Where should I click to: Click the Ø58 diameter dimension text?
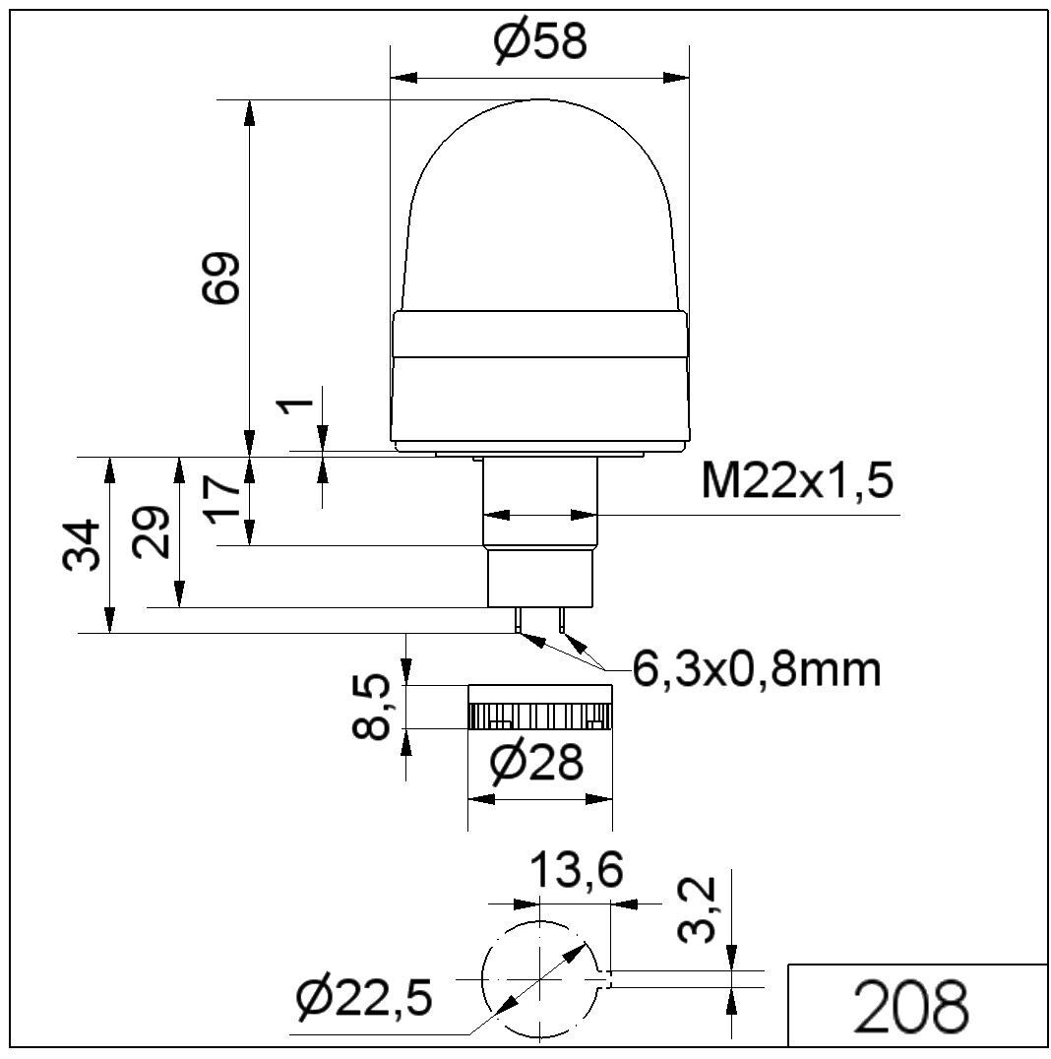click(x=540, y=41)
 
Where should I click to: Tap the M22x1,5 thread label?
click(x=798, y=480)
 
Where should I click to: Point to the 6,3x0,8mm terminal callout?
click(x=757, y=668)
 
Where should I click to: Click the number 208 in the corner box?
click(x=910, y=1006)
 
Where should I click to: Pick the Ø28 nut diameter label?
click(x=536, y=763)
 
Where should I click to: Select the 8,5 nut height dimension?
click(x=372, y=706)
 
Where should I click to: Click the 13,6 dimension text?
click(x=576, y=871)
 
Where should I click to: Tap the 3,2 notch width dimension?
click(x=697, y=909)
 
